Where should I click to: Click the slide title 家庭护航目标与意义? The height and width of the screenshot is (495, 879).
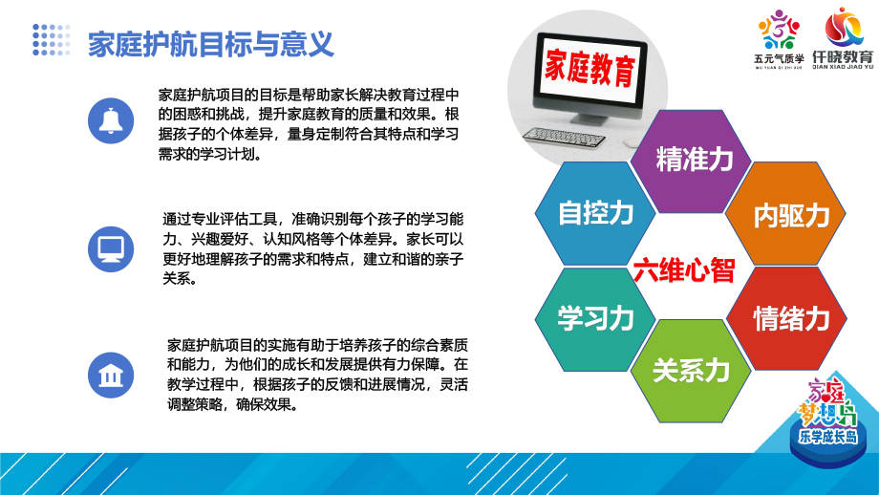[211, 44]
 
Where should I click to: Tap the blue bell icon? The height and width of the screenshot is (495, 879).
[111, 120]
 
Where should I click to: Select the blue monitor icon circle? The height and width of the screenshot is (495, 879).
[111, 248]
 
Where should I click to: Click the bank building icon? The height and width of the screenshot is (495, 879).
[111, 375]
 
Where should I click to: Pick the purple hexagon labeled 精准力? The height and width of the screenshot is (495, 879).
[691, 161]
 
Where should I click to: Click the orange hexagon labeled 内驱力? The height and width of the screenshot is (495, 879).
[785, 214]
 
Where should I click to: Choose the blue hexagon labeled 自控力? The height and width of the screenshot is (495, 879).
[595, 213]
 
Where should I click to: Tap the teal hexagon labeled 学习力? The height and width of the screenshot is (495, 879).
[595, 319]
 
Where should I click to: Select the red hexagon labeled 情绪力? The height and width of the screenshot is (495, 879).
[786, 318]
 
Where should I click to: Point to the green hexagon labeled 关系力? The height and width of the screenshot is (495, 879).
[691, 371]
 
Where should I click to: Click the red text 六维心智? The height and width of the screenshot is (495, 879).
[684, 270]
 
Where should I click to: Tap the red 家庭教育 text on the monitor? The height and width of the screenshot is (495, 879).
[590, 68]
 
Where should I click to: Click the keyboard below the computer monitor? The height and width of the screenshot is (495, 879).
[564, 137]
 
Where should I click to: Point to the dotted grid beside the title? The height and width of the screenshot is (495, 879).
[51, 40]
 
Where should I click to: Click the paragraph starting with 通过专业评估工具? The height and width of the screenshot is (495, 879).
[312, 248]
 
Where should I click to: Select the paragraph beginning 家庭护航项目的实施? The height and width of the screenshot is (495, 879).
[317, 375]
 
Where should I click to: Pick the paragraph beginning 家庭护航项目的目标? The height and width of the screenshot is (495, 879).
[309, 124]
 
